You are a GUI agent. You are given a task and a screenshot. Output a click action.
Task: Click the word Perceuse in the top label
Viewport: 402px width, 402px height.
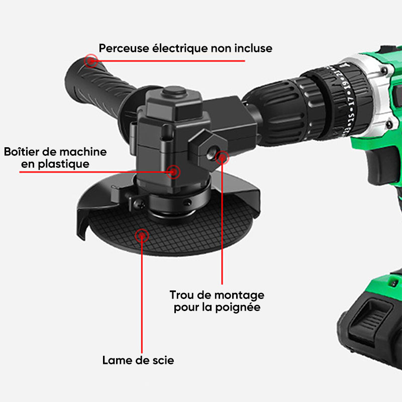pos(124,48)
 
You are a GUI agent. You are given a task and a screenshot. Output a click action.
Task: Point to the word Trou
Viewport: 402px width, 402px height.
pos(182,295)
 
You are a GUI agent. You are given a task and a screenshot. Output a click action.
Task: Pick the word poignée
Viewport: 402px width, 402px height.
pos(238,308)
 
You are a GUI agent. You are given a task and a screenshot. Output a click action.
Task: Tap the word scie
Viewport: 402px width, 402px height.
pos(163,360)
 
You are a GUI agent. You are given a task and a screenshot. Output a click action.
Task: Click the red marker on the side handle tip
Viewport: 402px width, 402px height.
pos(91,61)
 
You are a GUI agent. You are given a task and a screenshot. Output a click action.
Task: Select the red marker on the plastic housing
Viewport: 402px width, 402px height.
pos(173,172)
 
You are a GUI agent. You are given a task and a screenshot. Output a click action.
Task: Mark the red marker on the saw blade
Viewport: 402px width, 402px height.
pos(142,235)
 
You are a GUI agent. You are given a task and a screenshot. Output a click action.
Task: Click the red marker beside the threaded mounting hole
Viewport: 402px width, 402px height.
pos(222,158)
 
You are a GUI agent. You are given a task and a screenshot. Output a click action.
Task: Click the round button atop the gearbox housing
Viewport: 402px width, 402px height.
pos(174,91)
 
